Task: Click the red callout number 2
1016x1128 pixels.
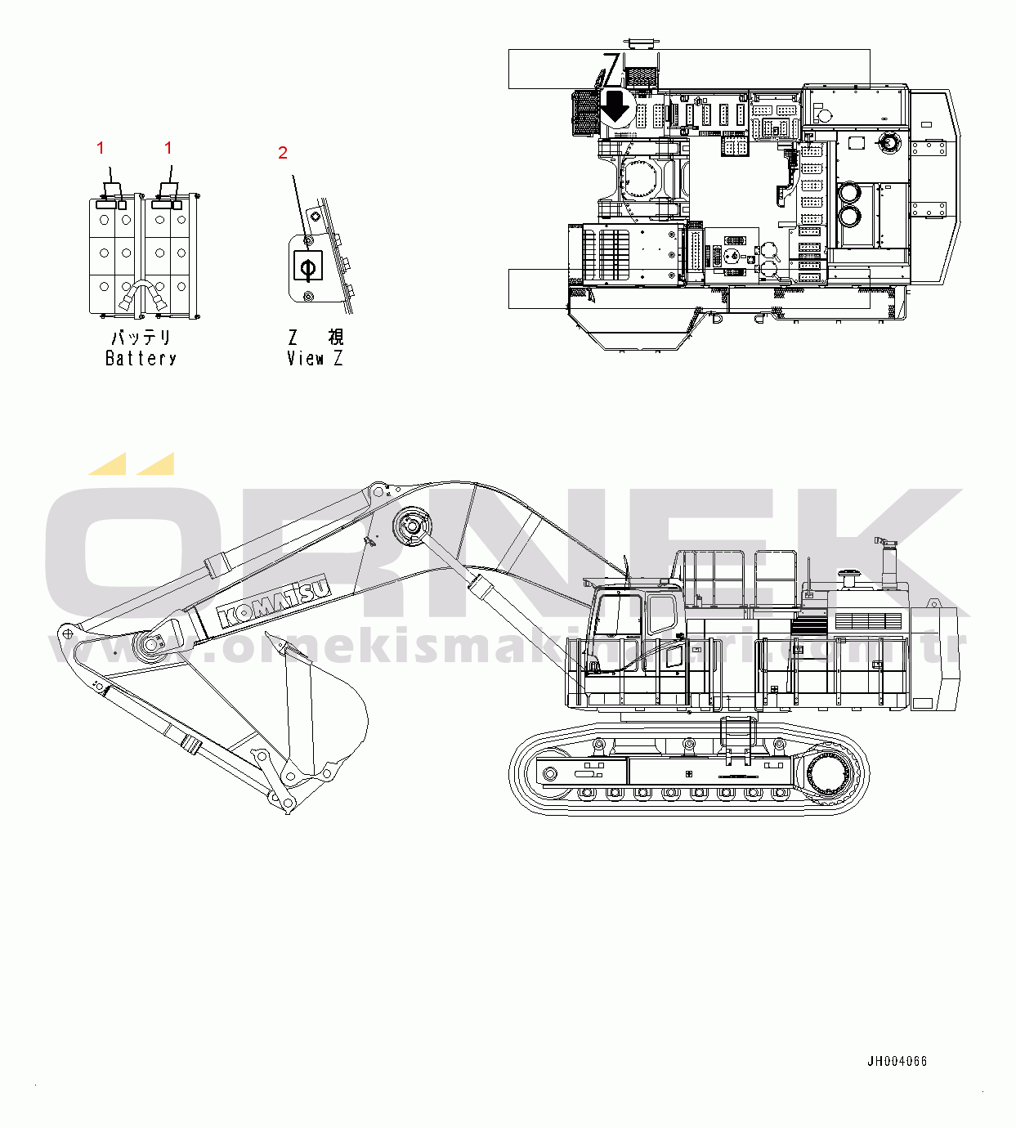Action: [x=283, y=152]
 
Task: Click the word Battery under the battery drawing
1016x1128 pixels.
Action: [x=141, y=358]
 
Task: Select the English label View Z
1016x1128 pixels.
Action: [x=315, y=358]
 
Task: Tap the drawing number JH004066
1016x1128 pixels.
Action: [x=897, y=1061]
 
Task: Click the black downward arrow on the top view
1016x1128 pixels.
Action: [x=615, y=106]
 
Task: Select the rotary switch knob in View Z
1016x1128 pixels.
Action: [x=307, y=266]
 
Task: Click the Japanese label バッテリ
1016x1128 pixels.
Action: [x=141, y=338]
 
